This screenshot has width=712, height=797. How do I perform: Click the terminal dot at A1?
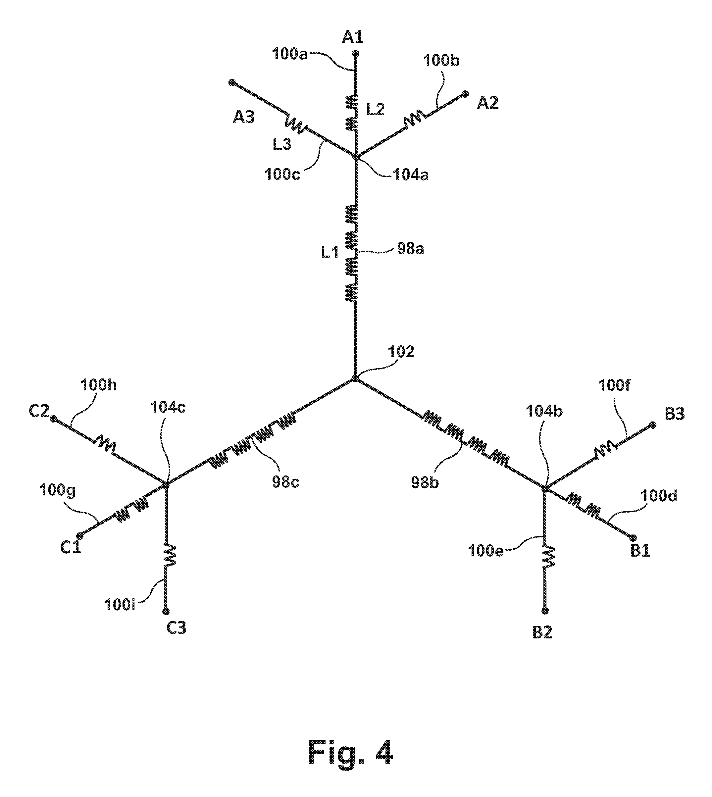(356, 53)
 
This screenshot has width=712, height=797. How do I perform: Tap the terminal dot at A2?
(466, 94)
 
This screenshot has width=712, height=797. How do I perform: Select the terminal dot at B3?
(652, 425)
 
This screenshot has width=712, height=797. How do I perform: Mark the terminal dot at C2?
(54, 419)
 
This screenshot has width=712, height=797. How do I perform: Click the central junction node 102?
(355, 378)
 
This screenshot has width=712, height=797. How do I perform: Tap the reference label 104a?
(410, 175)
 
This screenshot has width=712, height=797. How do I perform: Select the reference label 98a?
(410, 249)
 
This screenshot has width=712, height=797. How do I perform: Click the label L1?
(330, 253)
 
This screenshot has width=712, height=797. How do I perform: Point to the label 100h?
(98, 385)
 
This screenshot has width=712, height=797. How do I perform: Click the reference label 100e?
(485, 551)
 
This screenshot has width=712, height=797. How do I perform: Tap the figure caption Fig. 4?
(350, 752)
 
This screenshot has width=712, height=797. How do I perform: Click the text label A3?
(244, 117)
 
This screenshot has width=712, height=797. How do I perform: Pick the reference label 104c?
(168, 408)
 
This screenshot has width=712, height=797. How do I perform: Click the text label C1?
(71, 547)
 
